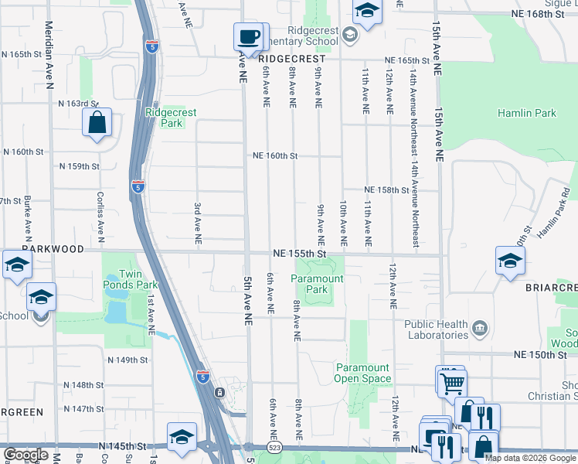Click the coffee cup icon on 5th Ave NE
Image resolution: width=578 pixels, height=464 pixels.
(248, 36)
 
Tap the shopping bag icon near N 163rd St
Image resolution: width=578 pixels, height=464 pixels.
(97, 122)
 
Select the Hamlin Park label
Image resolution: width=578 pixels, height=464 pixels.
(532, 113)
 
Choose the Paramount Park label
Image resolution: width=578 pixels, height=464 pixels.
(317, 284)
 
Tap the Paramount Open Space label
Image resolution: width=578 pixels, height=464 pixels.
(362, 373)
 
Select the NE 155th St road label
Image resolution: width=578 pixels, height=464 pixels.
(300, 253)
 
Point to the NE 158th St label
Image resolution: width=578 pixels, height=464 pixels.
(386, 189)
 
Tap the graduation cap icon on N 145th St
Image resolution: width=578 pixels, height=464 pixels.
(182, 436)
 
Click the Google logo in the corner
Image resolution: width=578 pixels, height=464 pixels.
(25, 455)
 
